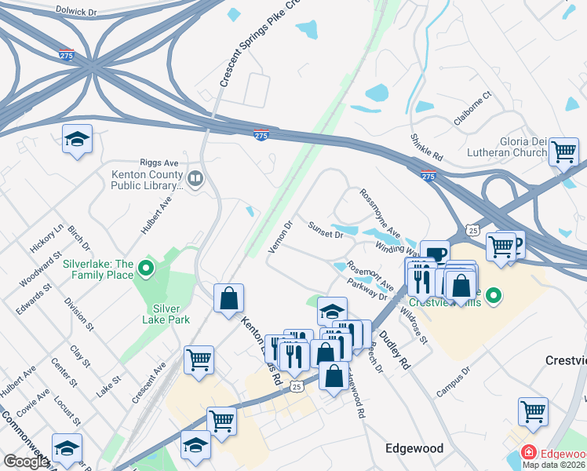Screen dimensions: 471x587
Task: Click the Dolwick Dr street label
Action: (76, 12)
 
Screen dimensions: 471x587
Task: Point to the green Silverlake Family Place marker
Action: (144, 270)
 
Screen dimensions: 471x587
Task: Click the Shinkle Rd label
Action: (426, 148)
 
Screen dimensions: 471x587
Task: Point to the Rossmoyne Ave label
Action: (380, 214)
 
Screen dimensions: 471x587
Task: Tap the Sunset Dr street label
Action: (326, 230)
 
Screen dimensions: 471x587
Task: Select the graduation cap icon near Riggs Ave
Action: (76, 140)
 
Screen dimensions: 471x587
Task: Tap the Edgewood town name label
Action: (414, 448)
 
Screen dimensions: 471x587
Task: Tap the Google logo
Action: (26, 462)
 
